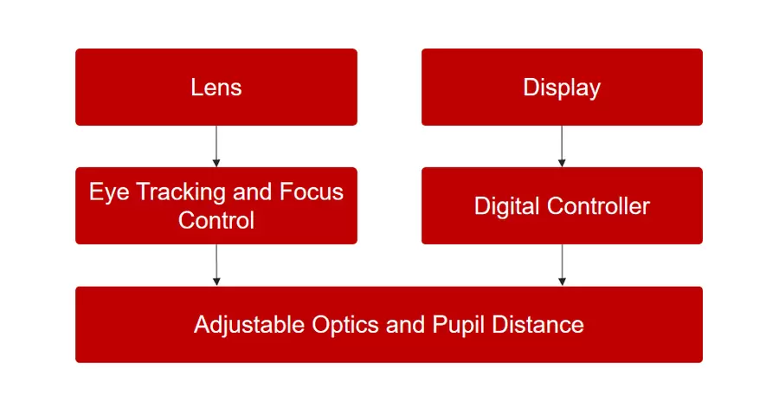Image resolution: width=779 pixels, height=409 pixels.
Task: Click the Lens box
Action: point(216,87)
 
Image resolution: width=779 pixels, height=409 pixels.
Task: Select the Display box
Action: point(562,87)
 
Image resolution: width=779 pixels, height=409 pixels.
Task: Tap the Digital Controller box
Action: point(562,205)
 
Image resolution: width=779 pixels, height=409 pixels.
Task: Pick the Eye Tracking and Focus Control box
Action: point(216,205)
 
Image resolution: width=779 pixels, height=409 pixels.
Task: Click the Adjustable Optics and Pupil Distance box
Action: point(389,324)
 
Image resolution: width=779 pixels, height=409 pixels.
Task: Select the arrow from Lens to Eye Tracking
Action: point(216,146)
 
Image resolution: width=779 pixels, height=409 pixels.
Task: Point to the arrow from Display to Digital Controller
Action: point(562,146)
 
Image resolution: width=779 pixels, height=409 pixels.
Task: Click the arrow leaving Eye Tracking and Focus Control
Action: point(216,264)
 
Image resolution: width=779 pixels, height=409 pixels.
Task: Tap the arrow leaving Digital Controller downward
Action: point(562,264)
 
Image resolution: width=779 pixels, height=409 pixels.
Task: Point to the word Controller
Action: point(598,206)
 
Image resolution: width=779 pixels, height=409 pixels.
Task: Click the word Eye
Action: point(107,192)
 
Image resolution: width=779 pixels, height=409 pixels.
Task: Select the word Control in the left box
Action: point(216,220)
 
